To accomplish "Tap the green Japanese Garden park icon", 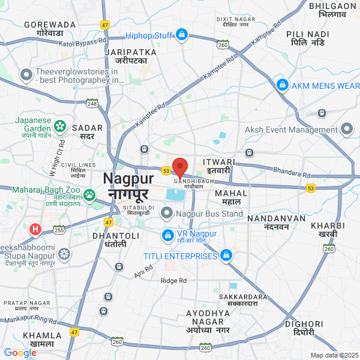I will click(60, 126).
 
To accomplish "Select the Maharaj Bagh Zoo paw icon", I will click(89, 194).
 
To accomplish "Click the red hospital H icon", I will click(35, 229).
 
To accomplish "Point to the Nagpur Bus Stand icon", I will click(170, 213).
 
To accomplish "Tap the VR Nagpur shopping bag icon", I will click(168, 234).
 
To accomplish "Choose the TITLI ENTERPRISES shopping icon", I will click(226, 256).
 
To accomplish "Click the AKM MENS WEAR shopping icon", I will click(282, 86).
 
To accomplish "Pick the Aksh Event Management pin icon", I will click(347, 130).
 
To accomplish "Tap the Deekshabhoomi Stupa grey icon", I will click(64, 255).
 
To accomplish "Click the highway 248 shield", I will click(92, 104).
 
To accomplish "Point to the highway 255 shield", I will click(59, 229).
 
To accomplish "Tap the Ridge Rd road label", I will click(173, 280).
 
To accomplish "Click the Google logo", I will click(20, 353).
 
